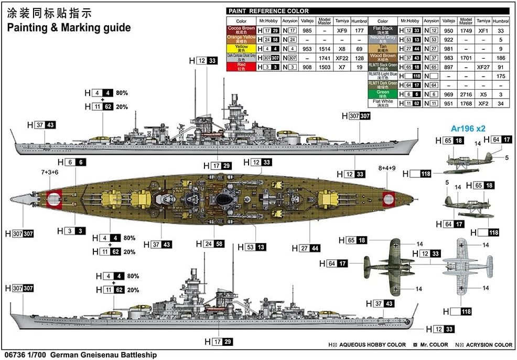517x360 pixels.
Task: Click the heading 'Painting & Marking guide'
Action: coord(69,28)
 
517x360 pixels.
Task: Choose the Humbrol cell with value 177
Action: coord(359,30)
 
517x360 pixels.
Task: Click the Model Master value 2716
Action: coord(466,93)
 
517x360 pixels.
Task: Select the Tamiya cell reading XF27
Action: coord(483,66)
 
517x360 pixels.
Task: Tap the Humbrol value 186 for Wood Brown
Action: coord(501,57)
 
